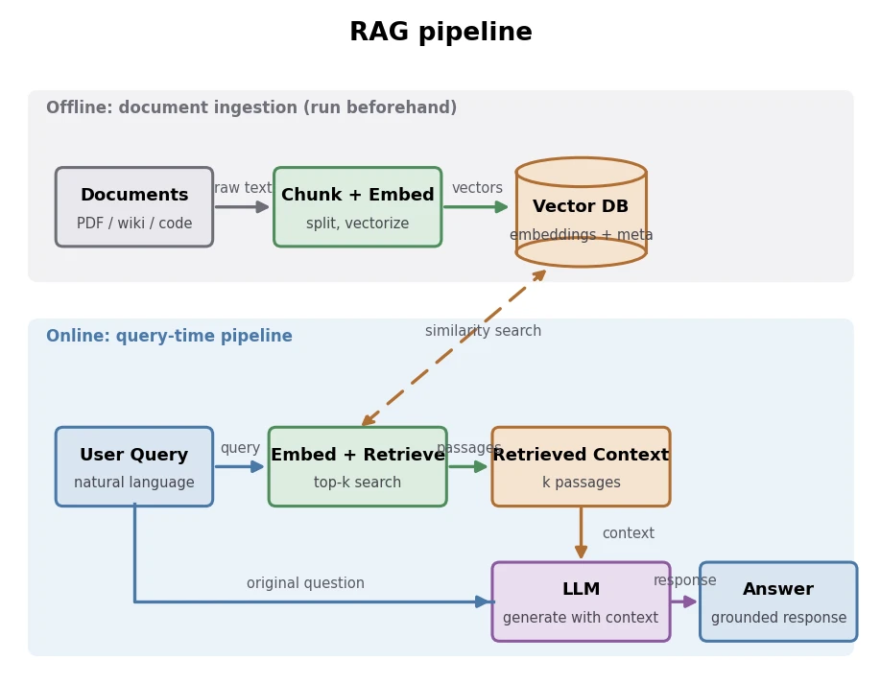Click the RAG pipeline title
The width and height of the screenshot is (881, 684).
[440, 32]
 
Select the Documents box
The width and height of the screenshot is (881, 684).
[134, 206]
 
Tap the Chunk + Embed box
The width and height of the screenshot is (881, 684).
[358, 206]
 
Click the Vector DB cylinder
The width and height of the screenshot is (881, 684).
[581, 212]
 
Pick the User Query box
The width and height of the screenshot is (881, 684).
[134, 466]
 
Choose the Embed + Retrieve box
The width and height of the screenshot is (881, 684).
[358, 466]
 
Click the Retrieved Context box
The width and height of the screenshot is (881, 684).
[581, 466]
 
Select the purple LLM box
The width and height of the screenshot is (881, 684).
[581, 601]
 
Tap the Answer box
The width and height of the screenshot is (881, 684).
[778, 601]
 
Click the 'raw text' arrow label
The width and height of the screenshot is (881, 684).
[243, 188]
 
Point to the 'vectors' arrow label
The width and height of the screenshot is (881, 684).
[477, 188]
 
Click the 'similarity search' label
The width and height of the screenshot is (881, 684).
[483, 331]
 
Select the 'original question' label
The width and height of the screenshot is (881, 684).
[305, 583]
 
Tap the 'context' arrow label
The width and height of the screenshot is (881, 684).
[629, 533]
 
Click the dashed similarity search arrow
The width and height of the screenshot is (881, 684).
[454, 348]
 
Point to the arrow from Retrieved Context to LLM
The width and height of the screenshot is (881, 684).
[581, 533]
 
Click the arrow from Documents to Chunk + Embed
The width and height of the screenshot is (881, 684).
[242, 206]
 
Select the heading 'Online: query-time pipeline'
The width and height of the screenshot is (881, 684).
[169, 336]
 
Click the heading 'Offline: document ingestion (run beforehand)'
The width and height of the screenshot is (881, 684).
[251, 107]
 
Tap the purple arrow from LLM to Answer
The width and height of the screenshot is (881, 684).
[684, 601]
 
